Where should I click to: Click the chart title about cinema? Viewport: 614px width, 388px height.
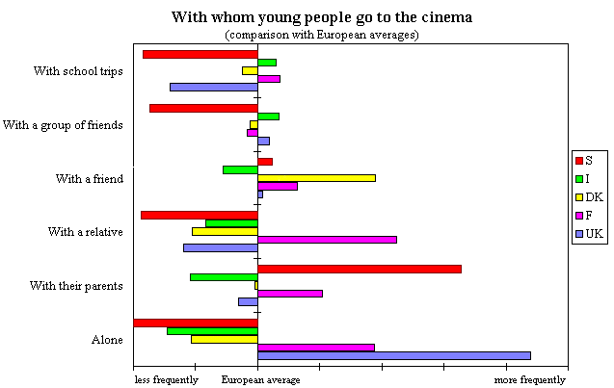(322, 17)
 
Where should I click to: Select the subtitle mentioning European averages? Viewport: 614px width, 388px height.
(322, 35)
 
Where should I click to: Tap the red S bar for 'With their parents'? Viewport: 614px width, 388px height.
(359, 269)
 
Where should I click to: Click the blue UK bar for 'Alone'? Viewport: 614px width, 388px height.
(393, 355)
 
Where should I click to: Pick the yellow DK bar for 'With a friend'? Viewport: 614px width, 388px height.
(316, 177)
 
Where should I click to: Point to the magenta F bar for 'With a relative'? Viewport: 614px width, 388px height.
(327, 239)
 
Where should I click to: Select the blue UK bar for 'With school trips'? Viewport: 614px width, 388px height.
(213, 87)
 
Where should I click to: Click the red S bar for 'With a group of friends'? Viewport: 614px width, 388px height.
(203, 108)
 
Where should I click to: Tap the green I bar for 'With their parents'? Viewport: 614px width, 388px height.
(224, 277)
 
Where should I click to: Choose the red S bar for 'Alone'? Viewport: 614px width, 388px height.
(196, 323)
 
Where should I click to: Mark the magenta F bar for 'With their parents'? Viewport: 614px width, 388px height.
(289, 293)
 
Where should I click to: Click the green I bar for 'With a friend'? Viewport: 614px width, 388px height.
(240, 169)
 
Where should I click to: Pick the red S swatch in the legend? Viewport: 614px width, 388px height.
(578, 159)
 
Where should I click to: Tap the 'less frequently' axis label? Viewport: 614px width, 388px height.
(166, 380)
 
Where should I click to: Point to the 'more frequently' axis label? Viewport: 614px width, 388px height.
(530, 380)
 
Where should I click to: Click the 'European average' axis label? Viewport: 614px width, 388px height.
(260, 380)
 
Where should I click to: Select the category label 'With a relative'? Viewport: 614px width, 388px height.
(86, 232)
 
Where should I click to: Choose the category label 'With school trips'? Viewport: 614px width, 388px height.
(78, 70)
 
